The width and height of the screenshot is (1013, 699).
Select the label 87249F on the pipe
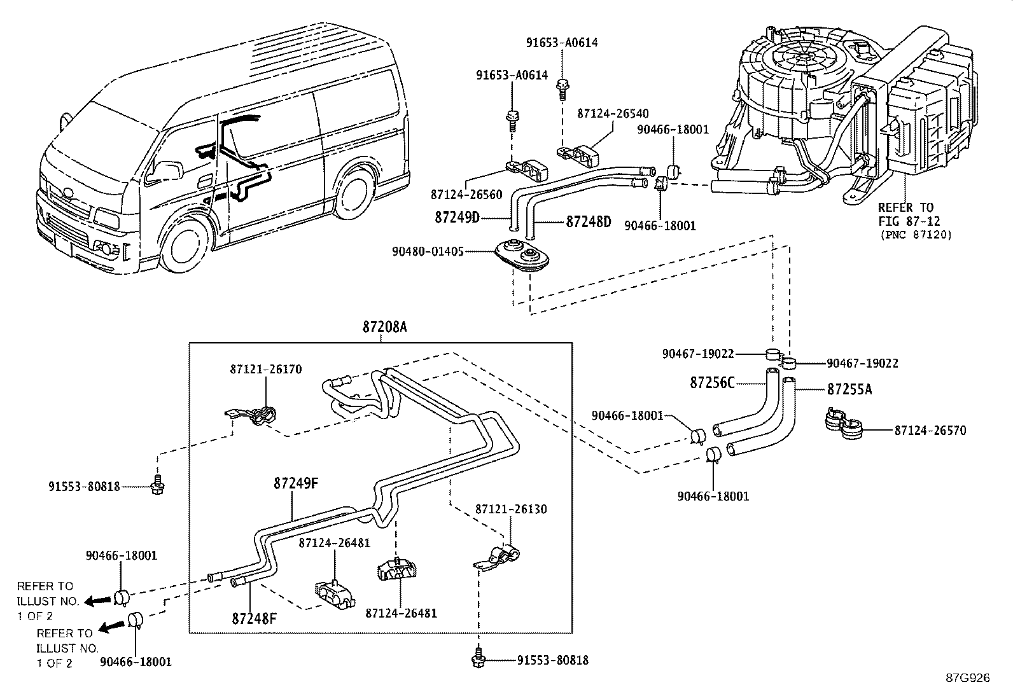click(296, 483)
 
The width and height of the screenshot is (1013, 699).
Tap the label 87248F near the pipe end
click(254, 618)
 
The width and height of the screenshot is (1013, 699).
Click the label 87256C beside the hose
click(712, 383)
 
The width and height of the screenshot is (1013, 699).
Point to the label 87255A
click(849, 389)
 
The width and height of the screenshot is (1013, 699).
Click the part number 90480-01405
click(428, 252)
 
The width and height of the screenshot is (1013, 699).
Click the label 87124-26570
click(930, 431)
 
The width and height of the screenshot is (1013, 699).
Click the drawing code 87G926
click(967, 678)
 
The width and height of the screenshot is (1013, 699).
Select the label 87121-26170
click(266, 369)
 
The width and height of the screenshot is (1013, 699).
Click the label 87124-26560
click(466, 194)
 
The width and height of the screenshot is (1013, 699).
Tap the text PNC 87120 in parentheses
click(916, 235)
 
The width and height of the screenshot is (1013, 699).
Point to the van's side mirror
click(167, 170)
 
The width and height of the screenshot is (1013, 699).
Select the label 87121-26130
click(511, 509)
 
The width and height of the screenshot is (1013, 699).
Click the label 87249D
click(457, 218)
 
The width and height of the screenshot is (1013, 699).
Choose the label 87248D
click(589, 222)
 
